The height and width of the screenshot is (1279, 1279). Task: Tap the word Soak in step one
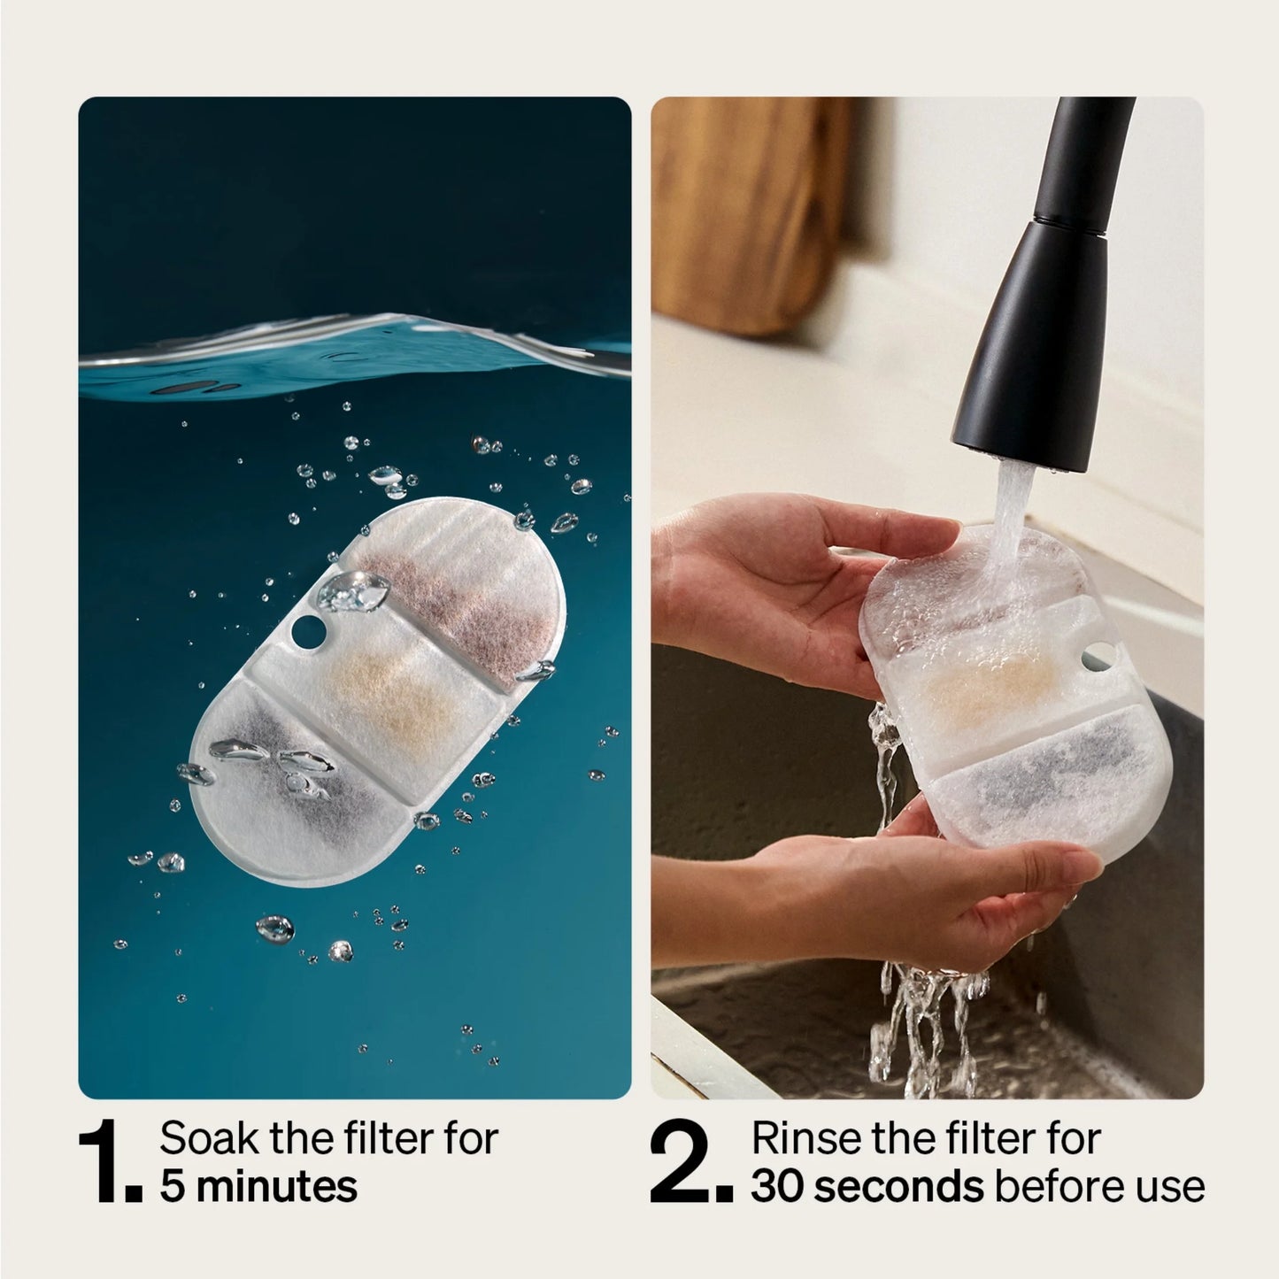[208, 1138]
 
